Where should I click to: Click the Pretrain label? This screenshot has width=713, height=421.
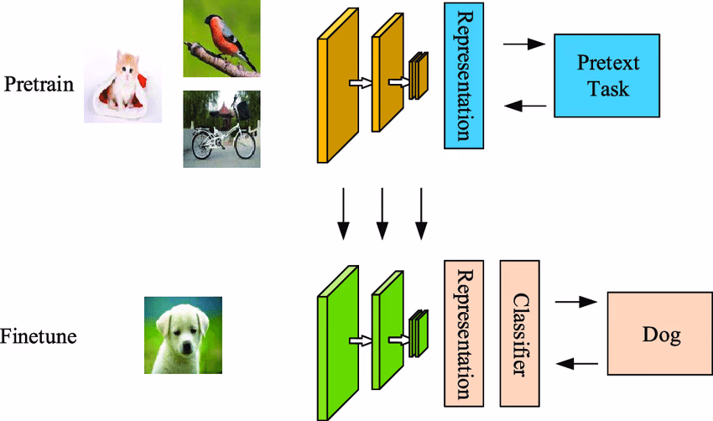39,85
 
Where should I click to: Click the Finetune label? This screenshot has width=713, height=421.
39,337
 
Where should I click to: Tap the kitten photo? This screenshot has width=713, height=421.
122,84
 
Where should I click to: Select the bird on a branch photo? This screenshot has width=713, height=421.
221,39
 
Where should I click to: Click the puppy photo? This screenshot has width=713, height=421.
183,335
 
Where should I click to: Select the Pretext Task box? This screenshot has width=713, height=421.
601,75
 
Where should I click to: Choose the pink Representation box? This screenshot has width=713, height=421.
464,332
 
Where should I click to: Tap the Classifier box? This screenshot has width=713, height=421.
520,332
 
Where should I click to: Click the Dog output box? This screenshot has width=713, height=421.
659,335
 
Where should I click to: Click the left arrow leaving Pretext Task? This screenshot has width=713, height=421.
527,106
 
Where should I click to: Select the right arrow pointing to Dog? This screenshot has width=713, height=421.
577,301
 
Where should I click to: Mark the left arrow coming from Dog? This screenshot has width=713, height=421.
579,363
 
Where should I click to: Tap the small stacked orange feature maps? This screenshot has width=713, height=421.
419,76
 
